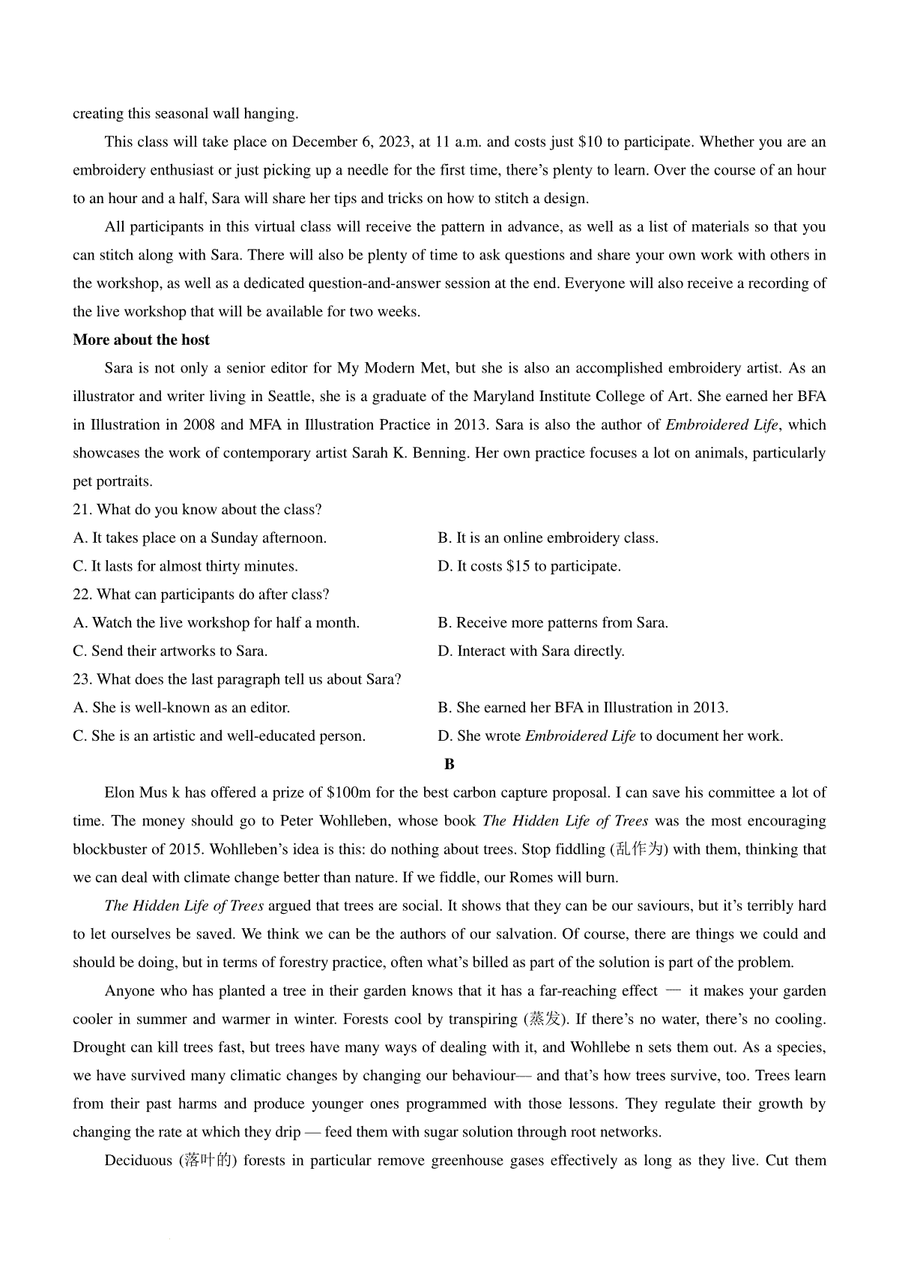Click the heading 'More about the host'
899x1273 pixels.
coord(141,340)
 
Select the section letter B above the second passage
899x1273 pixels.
coord(449,764)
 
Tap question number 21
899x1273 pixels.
coord(82,510)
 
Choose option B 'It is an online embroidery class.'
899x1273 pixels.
coord(548,538)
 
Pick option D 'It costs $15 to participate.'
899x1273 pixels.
coord(529,566)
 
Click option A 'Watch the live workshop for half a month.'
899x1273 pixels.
coord(216,622)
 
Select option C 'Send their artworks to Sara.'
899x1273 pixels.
coord(170,651)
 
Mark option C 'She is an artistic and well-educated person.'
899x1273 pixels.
coord(219,735)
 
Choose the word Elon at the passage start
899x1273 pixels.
coord(119,792)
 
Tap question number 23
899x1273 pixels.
coord(82,679)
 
